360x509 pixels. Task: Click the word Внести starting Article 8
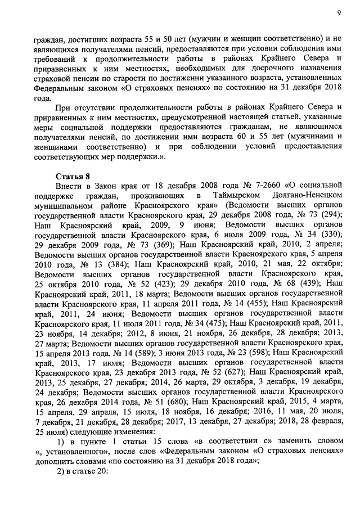[x=70, y=186]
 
